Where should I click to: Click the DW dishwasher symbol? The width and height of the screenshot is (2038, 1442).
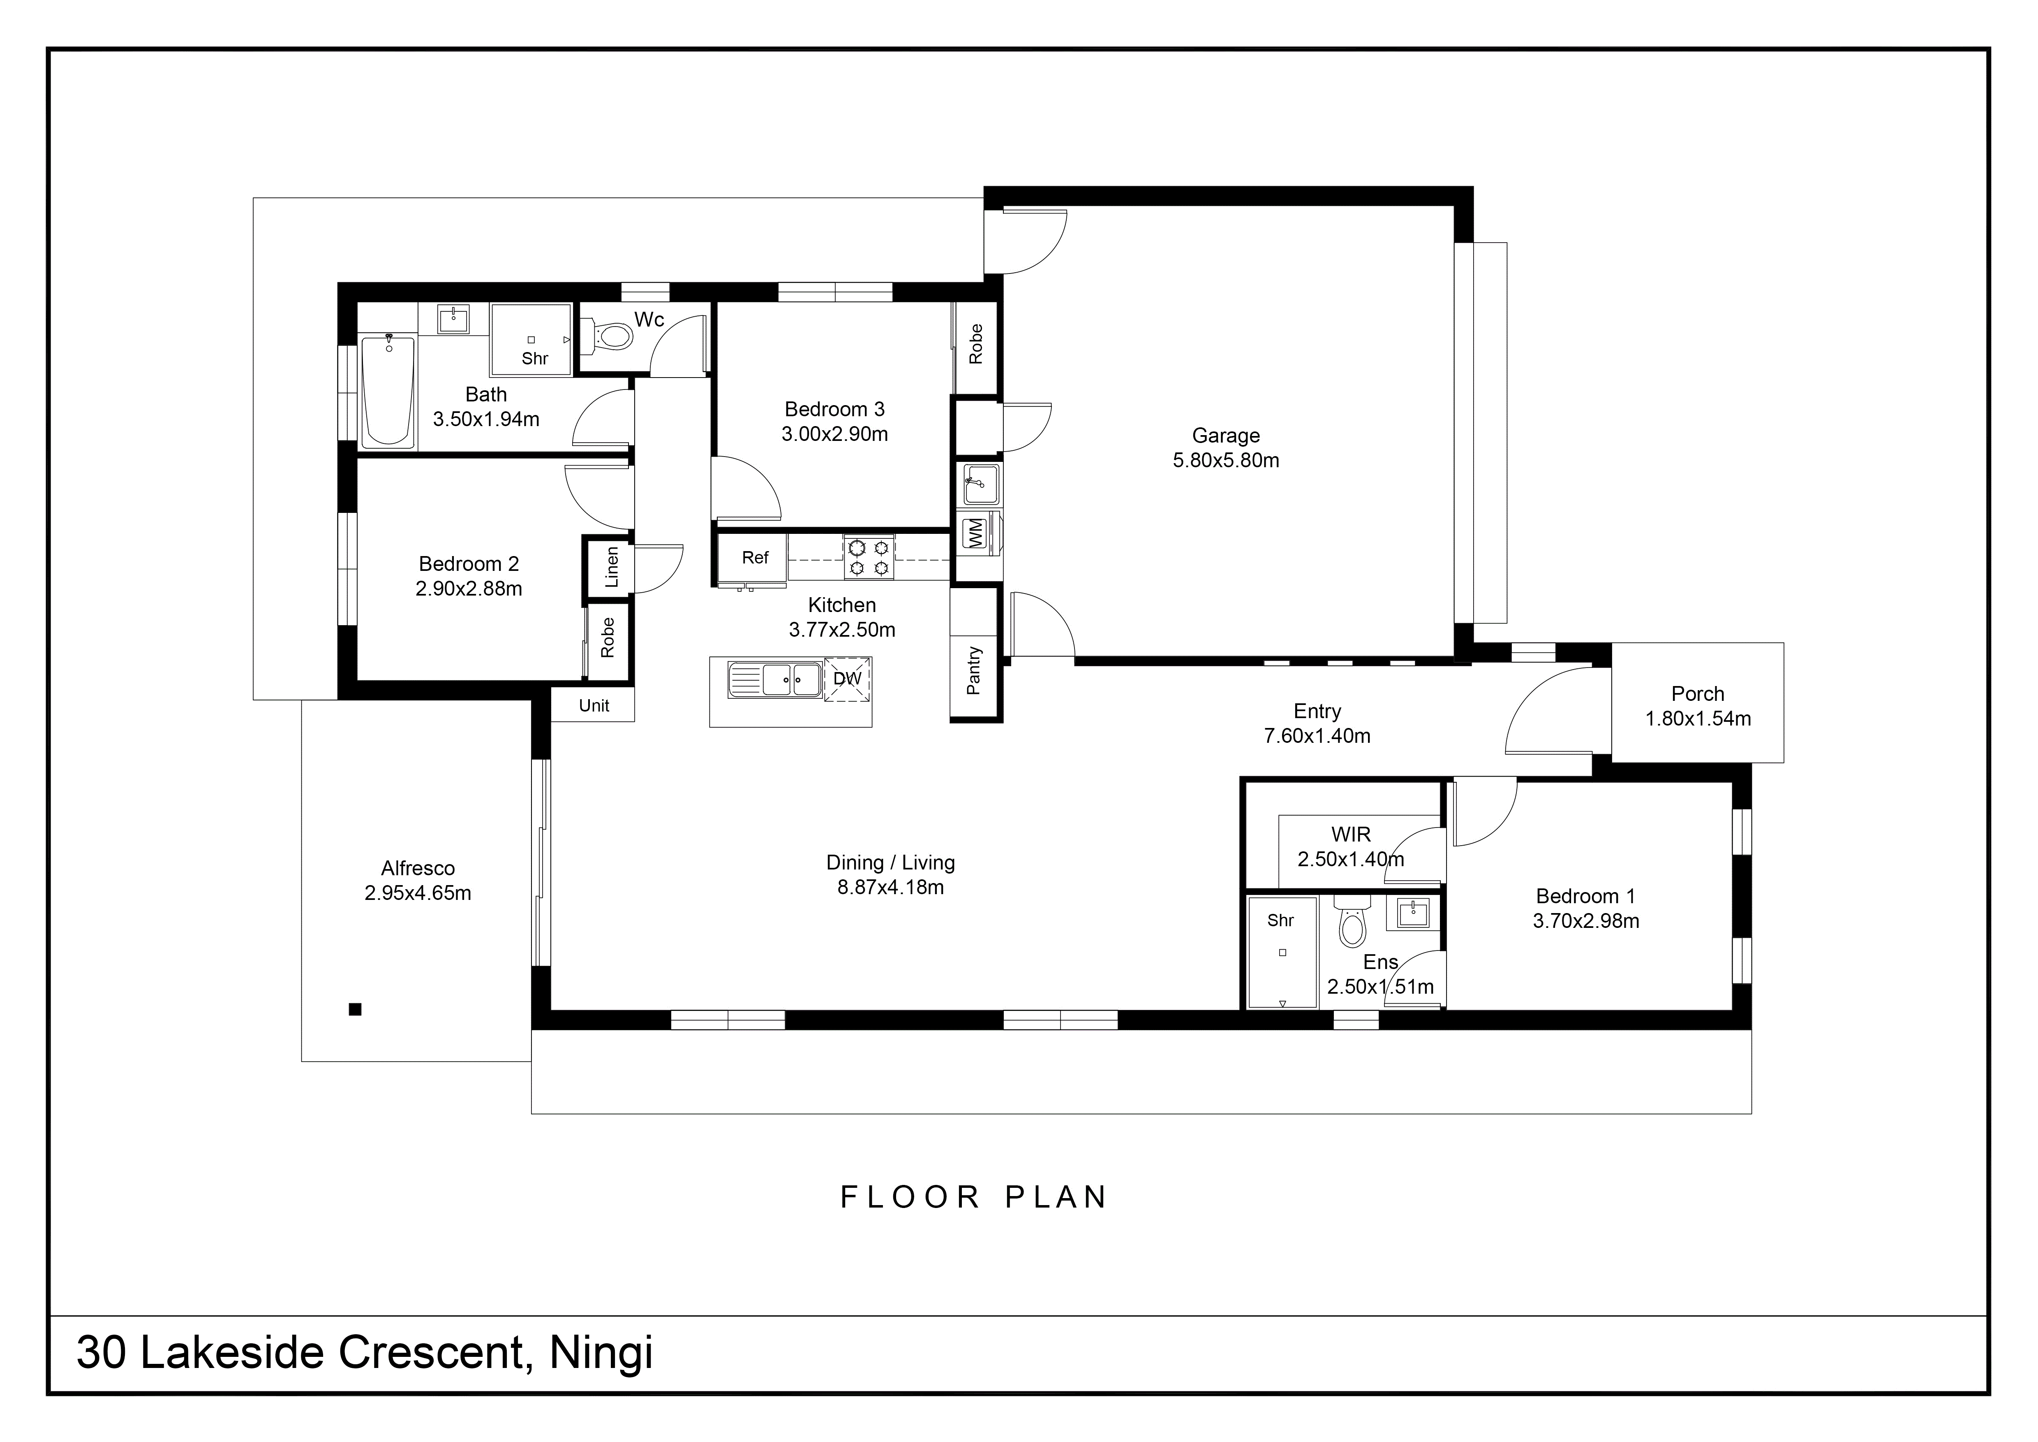[848, 679]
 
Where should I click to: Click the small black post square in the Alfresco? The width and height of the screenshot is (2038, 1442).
[355, 1008]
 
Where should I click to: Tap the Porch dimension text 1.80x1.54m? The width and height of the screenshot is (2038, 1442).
[1698, 719]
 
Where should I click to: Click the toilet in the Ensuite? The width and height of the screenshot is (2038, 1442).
[1352, 922]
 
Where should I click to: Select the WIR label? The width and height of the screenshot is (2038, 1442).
[1351, 835]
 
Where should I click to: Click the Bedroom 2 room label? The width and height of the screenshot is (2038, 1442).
[469, 564]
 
